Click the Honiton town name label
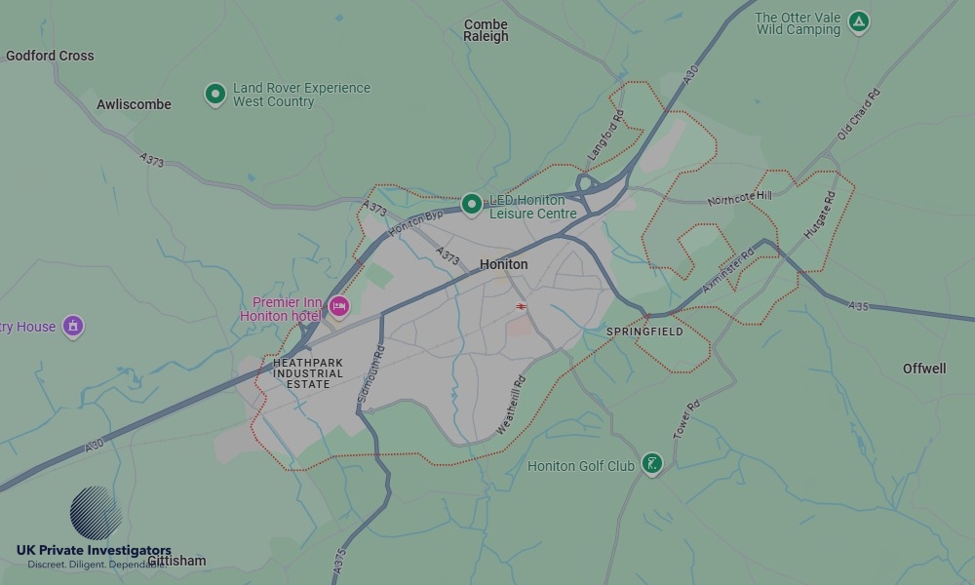504,264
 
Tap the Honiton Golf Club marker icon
652,464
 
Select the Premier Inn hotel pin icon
338,307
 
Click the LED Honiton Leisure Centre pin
472,204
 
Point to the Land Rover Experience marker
215,94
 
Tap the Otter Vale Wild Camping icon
858,21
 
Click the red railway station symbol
523,307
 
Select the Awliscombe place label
134,104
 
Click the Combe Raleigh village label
486,30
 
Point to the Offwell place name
924,369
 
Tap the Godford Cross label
50,56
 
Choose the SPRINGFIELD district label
644,331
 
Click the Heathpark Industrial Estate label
308,373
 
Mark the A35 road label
858,306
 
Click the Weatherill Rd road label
511,405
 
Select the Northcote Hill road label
739,198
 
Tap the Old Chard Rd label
859,115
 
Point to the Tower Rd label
686,419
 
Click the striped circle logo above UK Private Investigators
96,513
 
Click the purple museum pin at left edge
73,326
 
